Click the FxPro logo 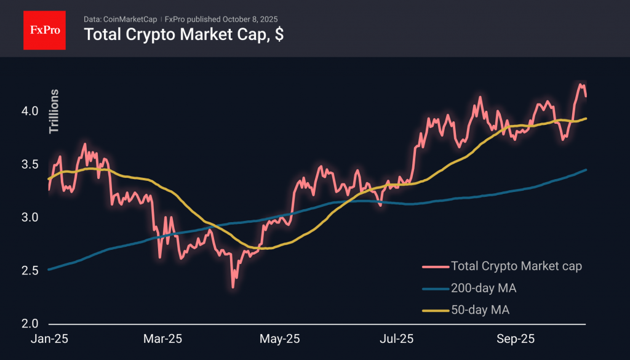pos(45,29)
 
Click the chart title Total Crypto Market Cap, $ pos(183,35)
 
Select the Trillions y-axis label pos(54,111)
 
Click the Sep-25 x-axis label pos(516,339)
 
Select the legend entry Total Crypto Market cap pos(516,266)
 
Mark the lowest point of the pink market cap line pos(233,287)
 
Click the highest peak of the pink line pos(580,84)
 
